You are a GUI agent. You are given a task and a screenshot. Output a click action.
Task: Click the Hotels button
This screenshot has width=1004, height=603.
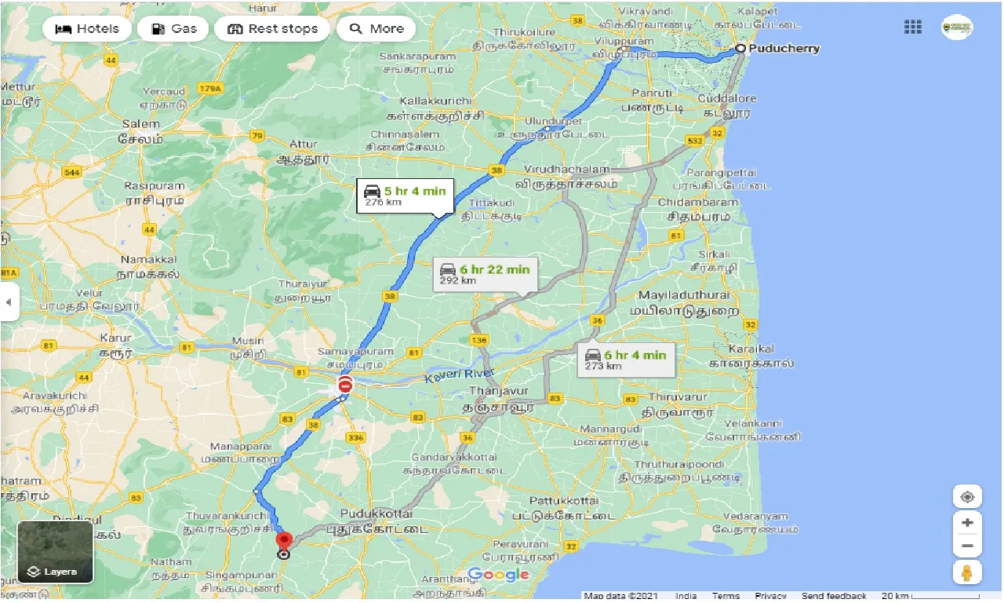point(86,29)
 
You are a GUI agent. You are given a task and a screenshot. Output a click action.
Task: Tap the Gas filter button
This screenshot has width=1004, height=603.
point(173,29)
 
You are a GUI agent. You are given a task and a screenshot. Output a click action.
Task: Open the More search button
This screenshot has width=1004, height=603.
point(376,29)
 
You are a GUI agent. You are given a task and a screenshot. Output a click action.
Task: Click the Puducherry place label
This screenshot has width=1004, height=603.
point(784,49)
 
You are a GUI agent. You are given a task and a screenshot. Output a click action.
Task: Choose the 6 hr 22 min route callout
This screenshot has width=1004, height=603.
point(485,274)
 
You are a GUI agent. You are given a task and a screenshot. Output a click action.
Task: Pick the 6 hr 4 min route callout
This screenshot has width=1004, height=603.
point(624,360)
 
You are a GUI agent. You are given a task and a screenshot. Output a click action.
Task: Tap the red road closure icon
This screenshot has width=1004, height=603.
point(345,385)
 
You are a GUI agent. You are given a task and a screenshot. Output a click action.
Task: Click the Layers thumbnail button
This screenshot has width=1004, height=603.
point(55,552)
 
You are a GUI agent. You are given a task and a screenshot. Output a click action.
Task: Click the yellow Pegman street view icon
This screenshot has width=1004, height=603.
point(967,572)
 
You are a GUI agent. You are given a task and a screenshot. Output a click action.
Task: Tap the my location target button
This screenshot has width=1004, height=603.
point(967,498)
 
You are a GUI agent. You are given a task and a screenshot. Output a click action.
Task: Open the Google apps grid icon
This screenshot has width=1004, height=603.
point(912,27)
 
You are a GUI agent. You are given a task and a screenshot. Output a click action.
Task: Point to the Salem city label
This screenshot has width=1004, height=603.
point(141,124)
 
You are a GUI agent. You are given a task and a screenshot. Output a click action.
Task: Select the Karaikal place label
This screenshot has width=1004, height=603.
point(751,349)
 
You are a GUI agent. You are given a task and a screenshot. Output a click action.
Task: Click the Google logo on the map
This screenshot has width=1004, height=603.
point(499,575)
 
